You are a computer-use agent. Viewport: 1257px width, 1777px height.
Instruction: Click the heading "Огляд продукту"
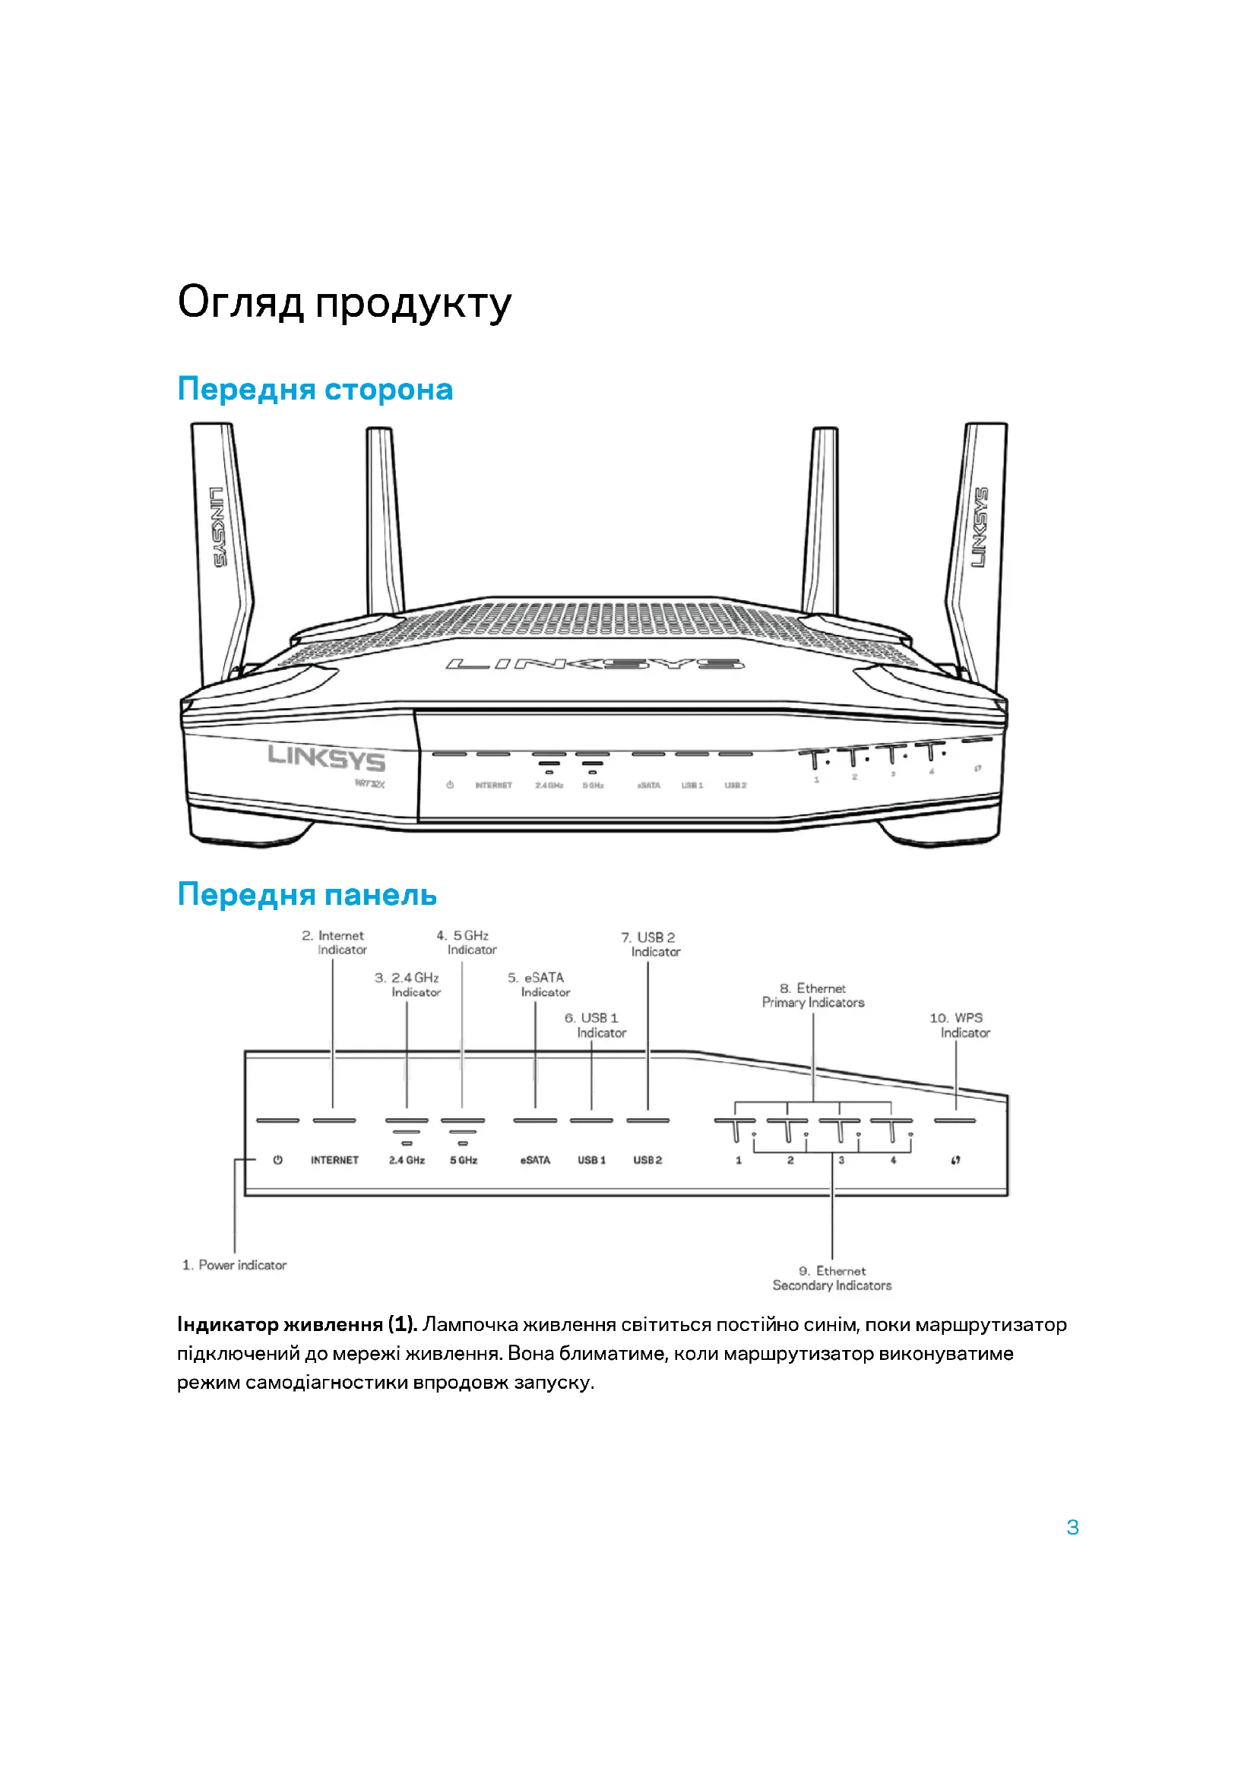[x=344, y=302]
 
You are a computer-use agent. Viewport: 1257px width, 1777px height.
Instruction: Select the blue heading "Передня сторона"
[x=315, y=389]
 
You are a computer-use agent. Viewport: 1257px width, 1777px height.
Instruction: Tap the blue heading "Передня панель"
[x=306, y=895]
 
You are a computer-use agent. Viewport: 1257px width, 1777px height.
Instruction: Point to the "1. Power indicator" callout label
[x=235, y=1265]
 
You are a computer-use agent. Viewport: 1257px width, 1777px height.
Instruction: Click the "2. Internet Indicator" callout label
[x=334, y=943]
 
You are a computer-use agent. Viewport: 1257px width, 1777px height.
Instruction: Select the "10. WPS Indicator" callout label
[x=959, y=1026]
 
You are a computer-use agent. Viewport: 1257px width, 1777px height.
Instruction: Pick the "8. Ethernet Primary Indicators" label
[x=812, y=995]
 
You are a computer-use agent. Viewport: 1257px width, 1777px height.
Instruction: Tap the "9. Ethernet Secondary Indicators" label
[x=831, y=1278]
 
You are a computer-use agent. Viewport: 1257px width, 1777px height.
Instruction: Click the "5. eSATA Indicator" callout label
[x=539, y=985]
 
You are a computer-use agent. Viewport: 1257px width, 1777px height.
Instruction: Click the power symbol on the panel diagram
[x=278, y=1160]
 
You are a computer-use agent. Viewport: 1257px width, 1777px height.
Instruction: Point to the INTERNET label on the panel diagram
[x=334, y=1160]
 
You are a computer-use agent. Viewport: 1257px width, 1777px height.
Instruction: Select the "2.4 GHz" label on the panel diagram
[x=407, y=1160]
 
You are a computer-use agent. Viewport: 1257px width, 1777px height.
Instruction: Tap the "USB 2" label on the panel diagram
[x=647, y=1160]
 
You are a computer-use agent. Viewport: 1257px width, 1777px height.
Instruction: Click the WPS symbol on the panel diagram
[x=956, y=1160]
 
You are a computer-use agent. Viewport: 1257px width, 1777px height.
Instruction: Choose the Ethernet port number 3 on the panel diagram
[x=841, y=1160]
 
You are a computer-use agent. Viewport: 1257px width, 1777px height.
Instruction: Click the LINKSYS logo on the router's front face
[x=326, y=757]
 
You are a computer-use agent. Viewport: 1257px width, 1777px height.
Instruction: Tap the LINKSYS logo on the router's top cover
[x=594, y=664]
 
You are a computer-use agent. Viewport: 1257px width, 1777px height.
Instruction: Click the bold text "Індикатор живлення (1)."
[x=297, y=1324]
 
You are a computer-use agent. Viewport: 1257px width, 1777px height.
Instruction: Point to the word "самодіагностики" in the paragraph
[x=327, y=1381]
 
